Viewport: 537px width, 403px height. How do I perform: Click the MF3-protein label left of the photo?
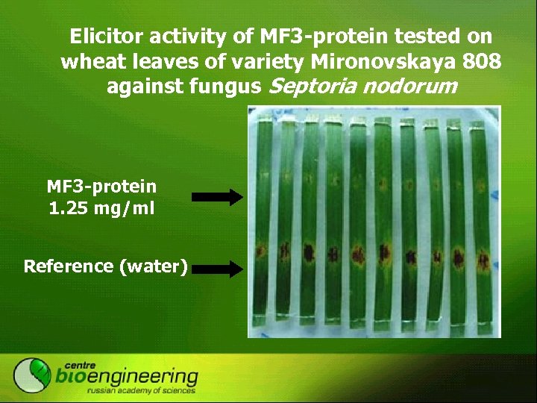101,187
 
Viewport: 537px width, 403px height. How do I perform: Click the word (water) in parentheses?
153,266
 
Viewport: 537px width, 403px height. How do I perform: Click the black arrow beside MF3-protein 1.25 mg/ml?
218,197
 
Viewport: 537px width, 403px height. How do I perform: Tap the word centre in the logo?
82,362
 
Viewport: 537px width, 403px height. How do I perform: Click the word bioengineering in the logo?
127,376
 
